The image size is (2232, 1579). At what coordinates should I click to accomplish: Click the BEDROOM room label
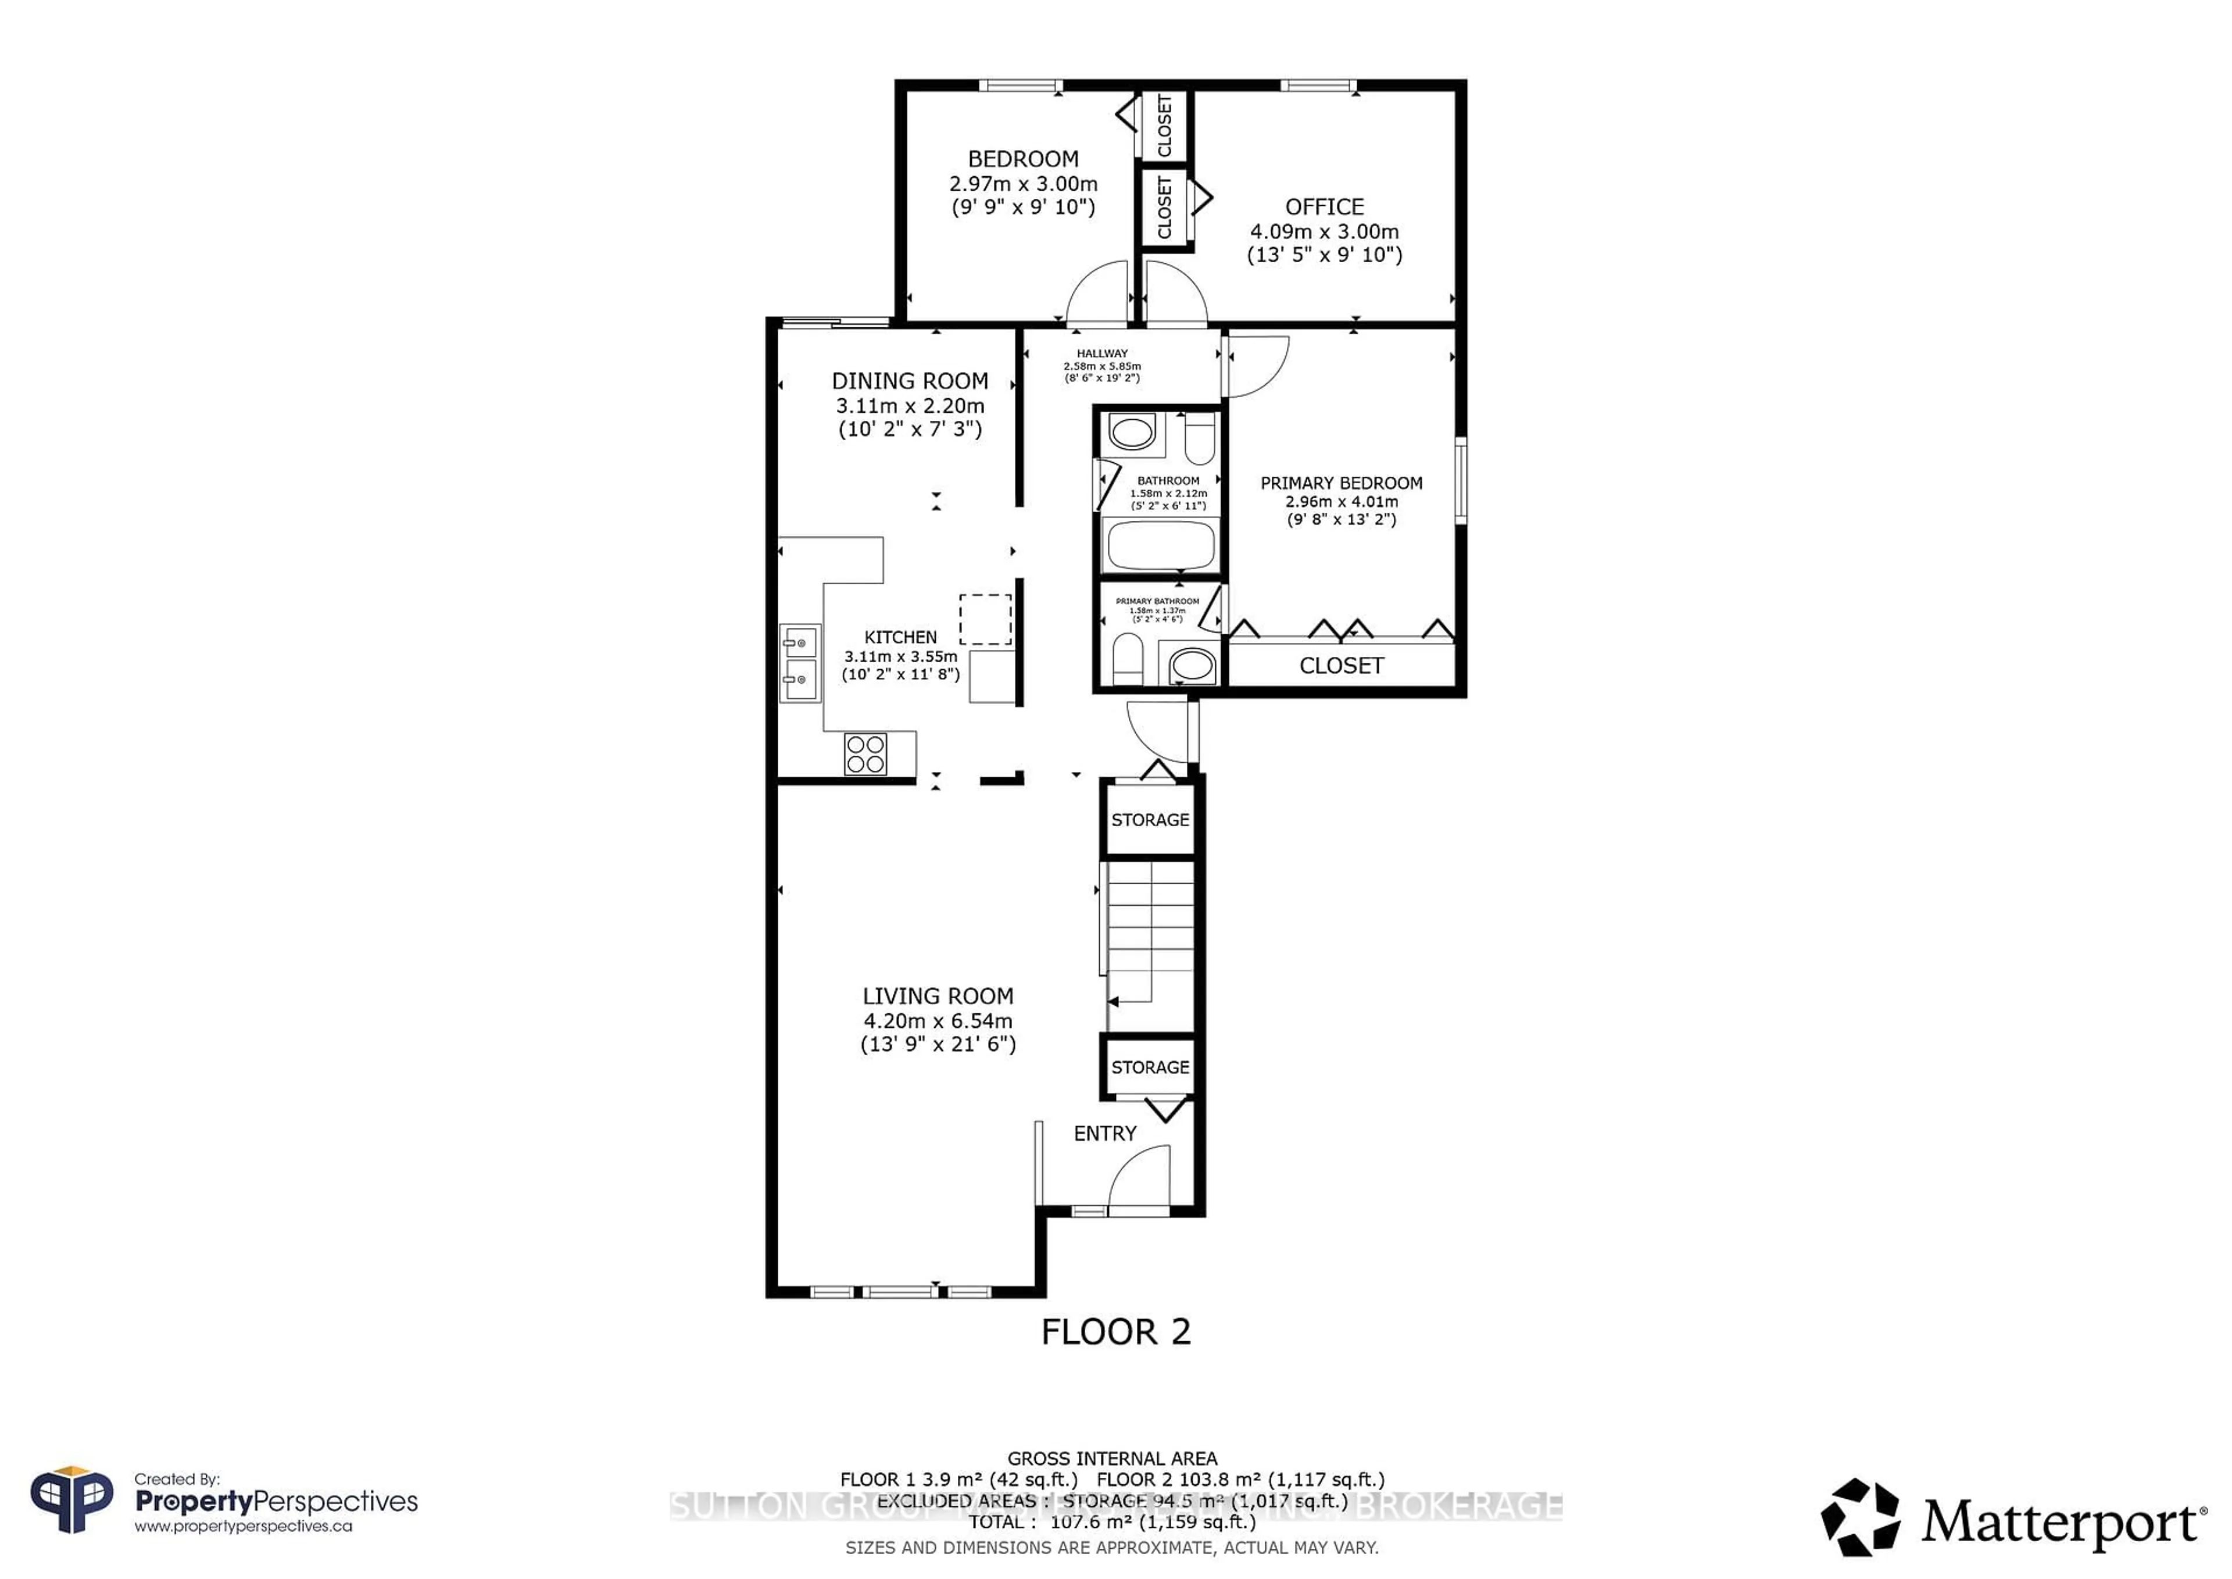click(x=1022, y=159)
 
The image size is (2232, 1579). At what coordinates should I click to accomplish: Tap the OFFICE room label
click(x=1324, y=207)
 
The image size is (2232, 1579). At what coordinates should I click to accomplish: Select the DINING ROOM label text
click(x=910, y=381)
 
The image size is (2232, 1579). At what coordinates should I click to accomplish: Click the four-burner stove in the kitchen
click(x=865, y=753)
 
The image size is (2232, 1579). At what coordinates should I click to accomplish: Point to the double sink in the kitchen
click(x=800, y=663)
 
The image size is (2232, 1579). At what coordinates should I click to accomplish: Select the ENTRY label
click(x=1104, y=1134)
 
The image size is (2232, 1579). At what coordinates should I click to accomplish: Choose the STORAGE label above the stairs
click(x=1150, y=820)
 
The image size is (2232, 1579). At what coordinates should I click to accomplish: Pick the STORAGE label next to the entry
click(x=1150, y=1067)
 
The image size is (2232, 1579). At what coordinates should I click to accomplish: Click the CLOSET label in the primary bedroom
click(x=1342, y=666)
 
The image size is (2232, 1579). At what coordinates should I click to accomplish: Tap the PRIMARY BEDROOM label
click(x=1342, y=483)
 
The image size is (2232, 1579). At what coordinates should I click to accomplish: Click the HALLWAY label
click(x=1101, y=354)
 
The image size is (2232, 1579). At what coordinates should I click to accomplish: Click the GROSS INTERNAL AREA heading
click(x=1112, y=1459)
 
